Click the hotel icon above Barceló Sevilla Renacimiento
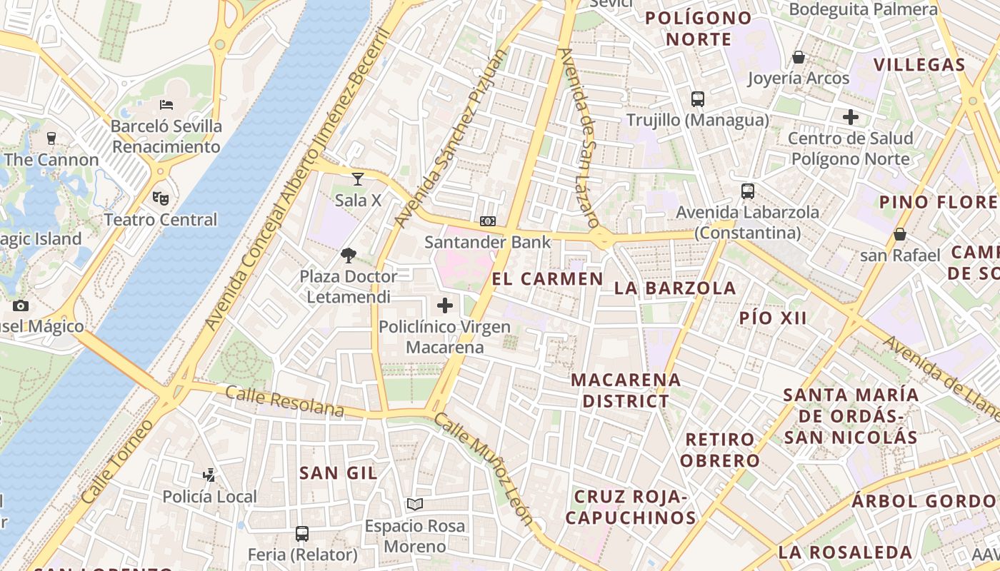(166, 105)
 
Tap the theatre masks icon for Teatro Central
(161, 198)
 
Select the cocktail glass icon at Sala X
(358, 178)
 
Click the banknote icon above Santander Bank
(488, 221)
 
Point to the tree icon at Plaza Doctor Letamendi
(349, 255)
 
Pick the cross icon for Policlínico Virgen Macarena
(445, 306)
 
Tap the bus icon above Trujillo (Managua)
(698, 99)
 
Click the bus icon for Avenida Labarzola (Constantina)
(748, 191)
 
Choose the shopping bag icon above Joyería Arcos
(799, 57)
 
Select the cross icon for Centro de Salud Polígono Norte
(851, 117)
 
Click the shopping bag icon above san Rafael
(900, 234)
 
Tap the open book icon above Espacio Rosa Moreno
(415, 505)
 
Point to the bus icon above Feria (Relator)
(302, 533)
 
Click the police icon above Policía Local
(209, 475)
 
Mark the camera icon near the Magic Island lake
(21, 305)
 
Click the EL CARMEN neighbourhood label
(548, 279)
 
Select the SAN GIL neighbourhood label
(339, 473)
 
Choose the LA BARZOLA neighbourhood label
(675, 288)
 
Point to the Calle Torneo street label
(117, 463)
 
